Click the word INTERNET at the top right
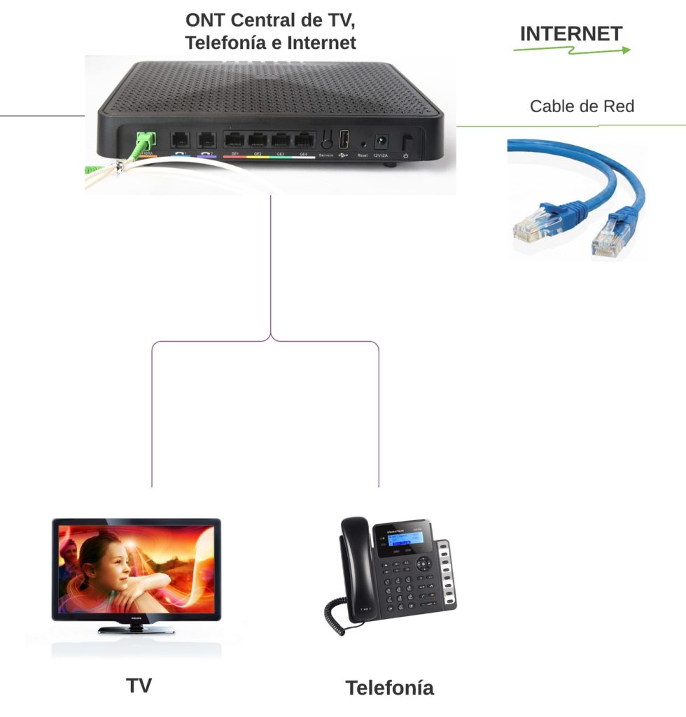click(570, 34)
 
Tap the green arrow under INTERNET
click(572, 50)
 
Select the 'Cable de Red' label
click(582, 106)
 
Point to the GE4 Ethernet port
click(303, 139)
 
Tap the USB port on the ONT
click(344, 138)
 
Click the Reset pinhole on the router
click(363, 144)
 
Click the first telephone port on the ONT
click(181, 139)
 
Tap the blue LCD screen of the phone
click(397, 541)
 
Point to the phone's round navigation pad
click(424, 563)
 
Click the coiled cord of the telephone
click(335, 616)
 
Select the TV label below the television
click(139, 685)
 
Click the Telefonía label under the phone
click(389, 688)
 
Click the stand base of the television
click(136, 629)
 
